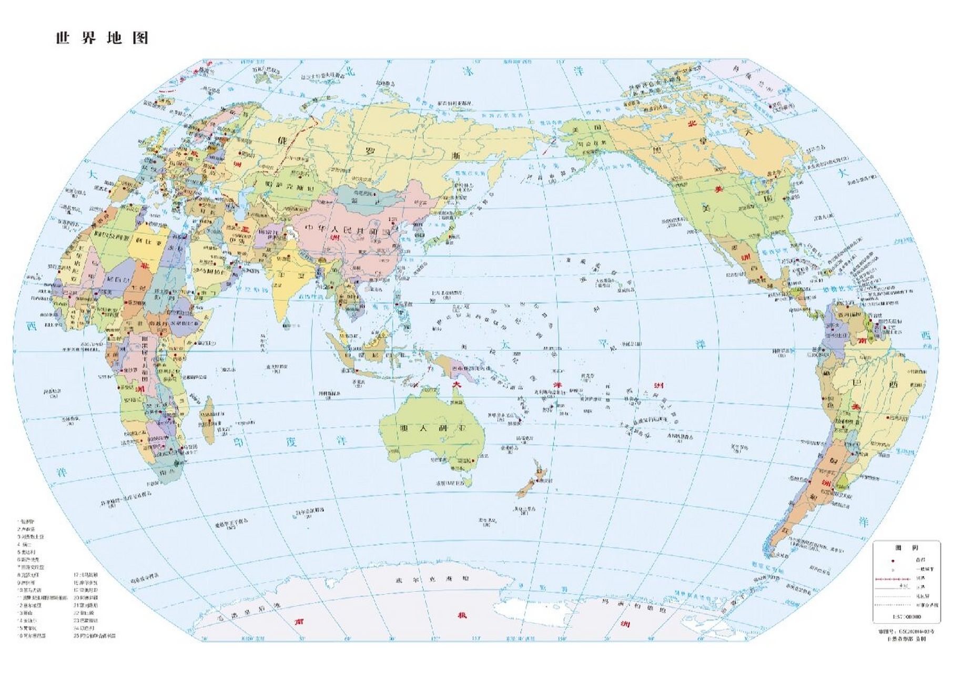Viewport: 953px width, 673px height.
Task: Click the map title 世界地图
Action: [x=102, y=38]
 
